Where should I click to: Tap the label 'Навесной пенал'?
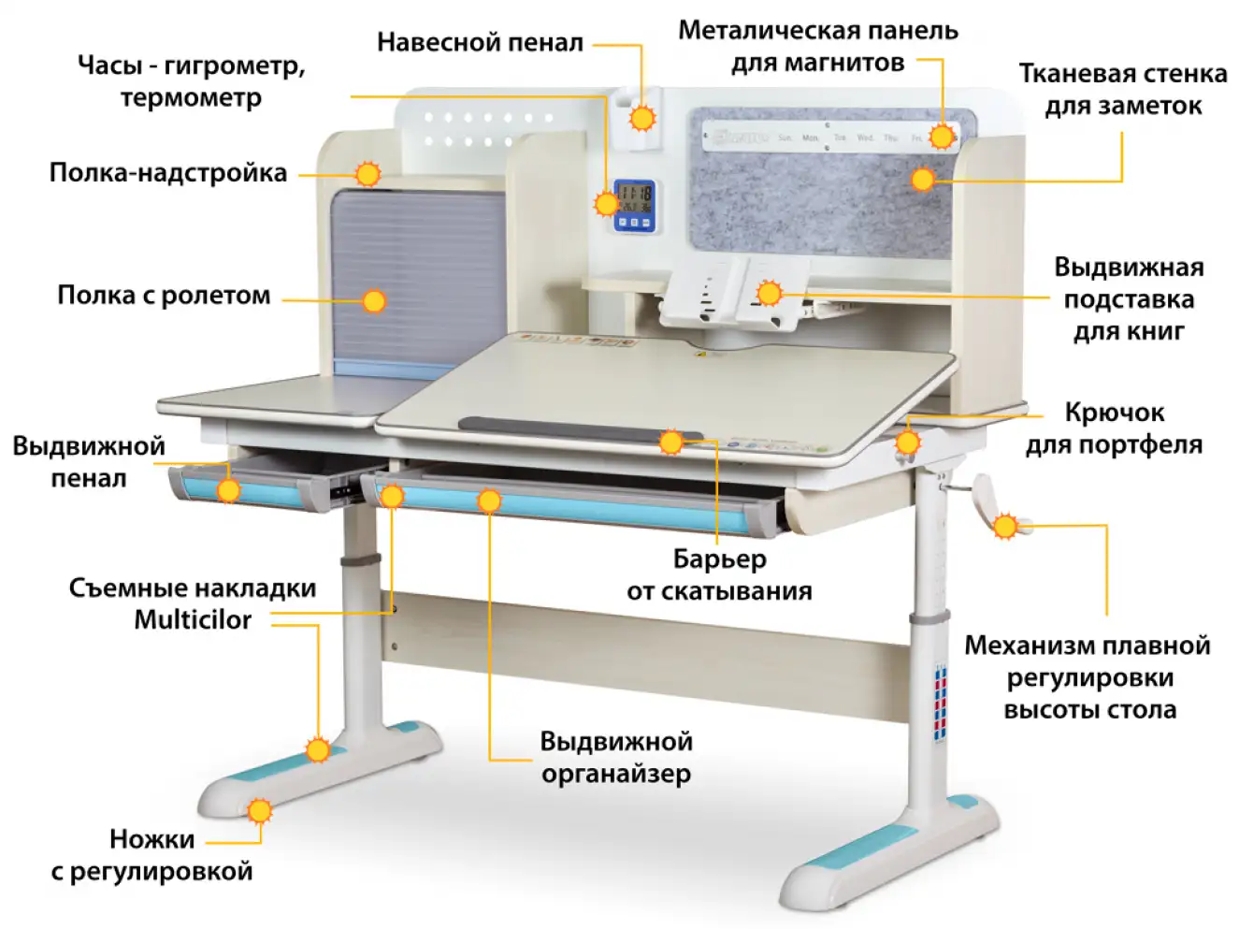(480, 43)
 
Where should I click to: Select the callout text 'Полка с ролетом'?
(164, 296)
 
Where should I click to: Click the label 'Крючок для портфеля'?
(1114, 428)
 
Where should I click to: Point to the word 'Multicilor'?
(193, 620)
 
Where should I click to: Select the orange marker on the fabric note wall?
(923, 180)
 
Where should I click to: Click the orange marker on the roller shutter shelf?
(374, 301)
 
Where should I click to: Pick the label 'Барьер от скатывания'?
(719, 574)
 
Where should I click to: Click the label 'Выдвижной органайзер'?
(616, 757)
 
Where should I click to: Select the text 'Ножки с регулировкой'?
(151, 855)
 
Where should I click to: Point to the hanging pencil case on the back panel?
(639, 120)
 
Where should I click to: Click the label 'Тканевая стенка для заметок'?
(1122, 90)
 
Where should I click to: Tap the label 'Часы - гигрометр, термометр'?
(191, 81)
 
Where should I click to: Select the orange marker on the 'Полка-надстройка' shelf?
(368, 174)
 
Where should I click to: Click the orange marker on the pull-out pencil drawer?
(229, 489)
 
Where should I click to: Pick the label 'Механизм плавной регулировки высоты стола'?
(1088, 677)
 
